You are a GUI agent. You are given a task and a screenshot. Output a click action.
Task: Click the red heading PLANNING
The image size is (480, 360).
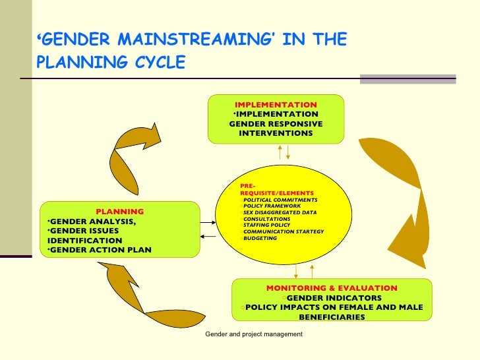119,212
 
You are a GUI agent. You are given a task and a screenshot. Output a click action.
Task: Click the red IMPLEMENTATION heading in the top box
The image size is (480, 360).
276,105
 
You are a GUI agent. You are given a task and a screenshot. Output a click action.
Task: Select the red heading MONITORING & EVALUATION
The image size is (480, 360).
332,288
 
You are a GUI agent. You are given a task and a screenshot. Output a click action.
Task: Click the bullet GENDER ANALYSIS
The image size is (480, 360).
94,221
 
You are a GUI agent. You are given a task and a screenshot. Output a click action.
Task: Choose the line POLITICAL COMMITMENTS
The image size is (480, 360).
280,199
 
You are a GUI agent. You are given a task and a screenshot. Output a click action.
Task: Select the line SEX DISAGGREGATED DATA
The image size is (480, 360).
280,212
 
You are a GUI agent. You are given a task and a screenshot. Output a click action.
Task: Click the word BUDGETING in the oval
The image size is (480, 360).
260,238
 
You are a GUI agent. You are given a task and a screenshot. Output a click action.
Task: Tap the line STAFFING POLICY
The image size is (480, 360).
266,225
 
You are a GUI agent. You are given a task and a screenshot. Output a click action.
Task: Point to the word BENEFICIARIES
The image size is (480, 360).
332,317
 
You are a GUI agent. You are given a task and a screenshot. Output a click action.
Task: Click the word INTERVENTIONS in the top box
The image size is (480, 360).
276,133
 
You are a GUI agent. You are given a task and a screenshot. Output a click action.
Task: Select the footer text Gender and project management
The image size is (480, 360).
254,334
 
